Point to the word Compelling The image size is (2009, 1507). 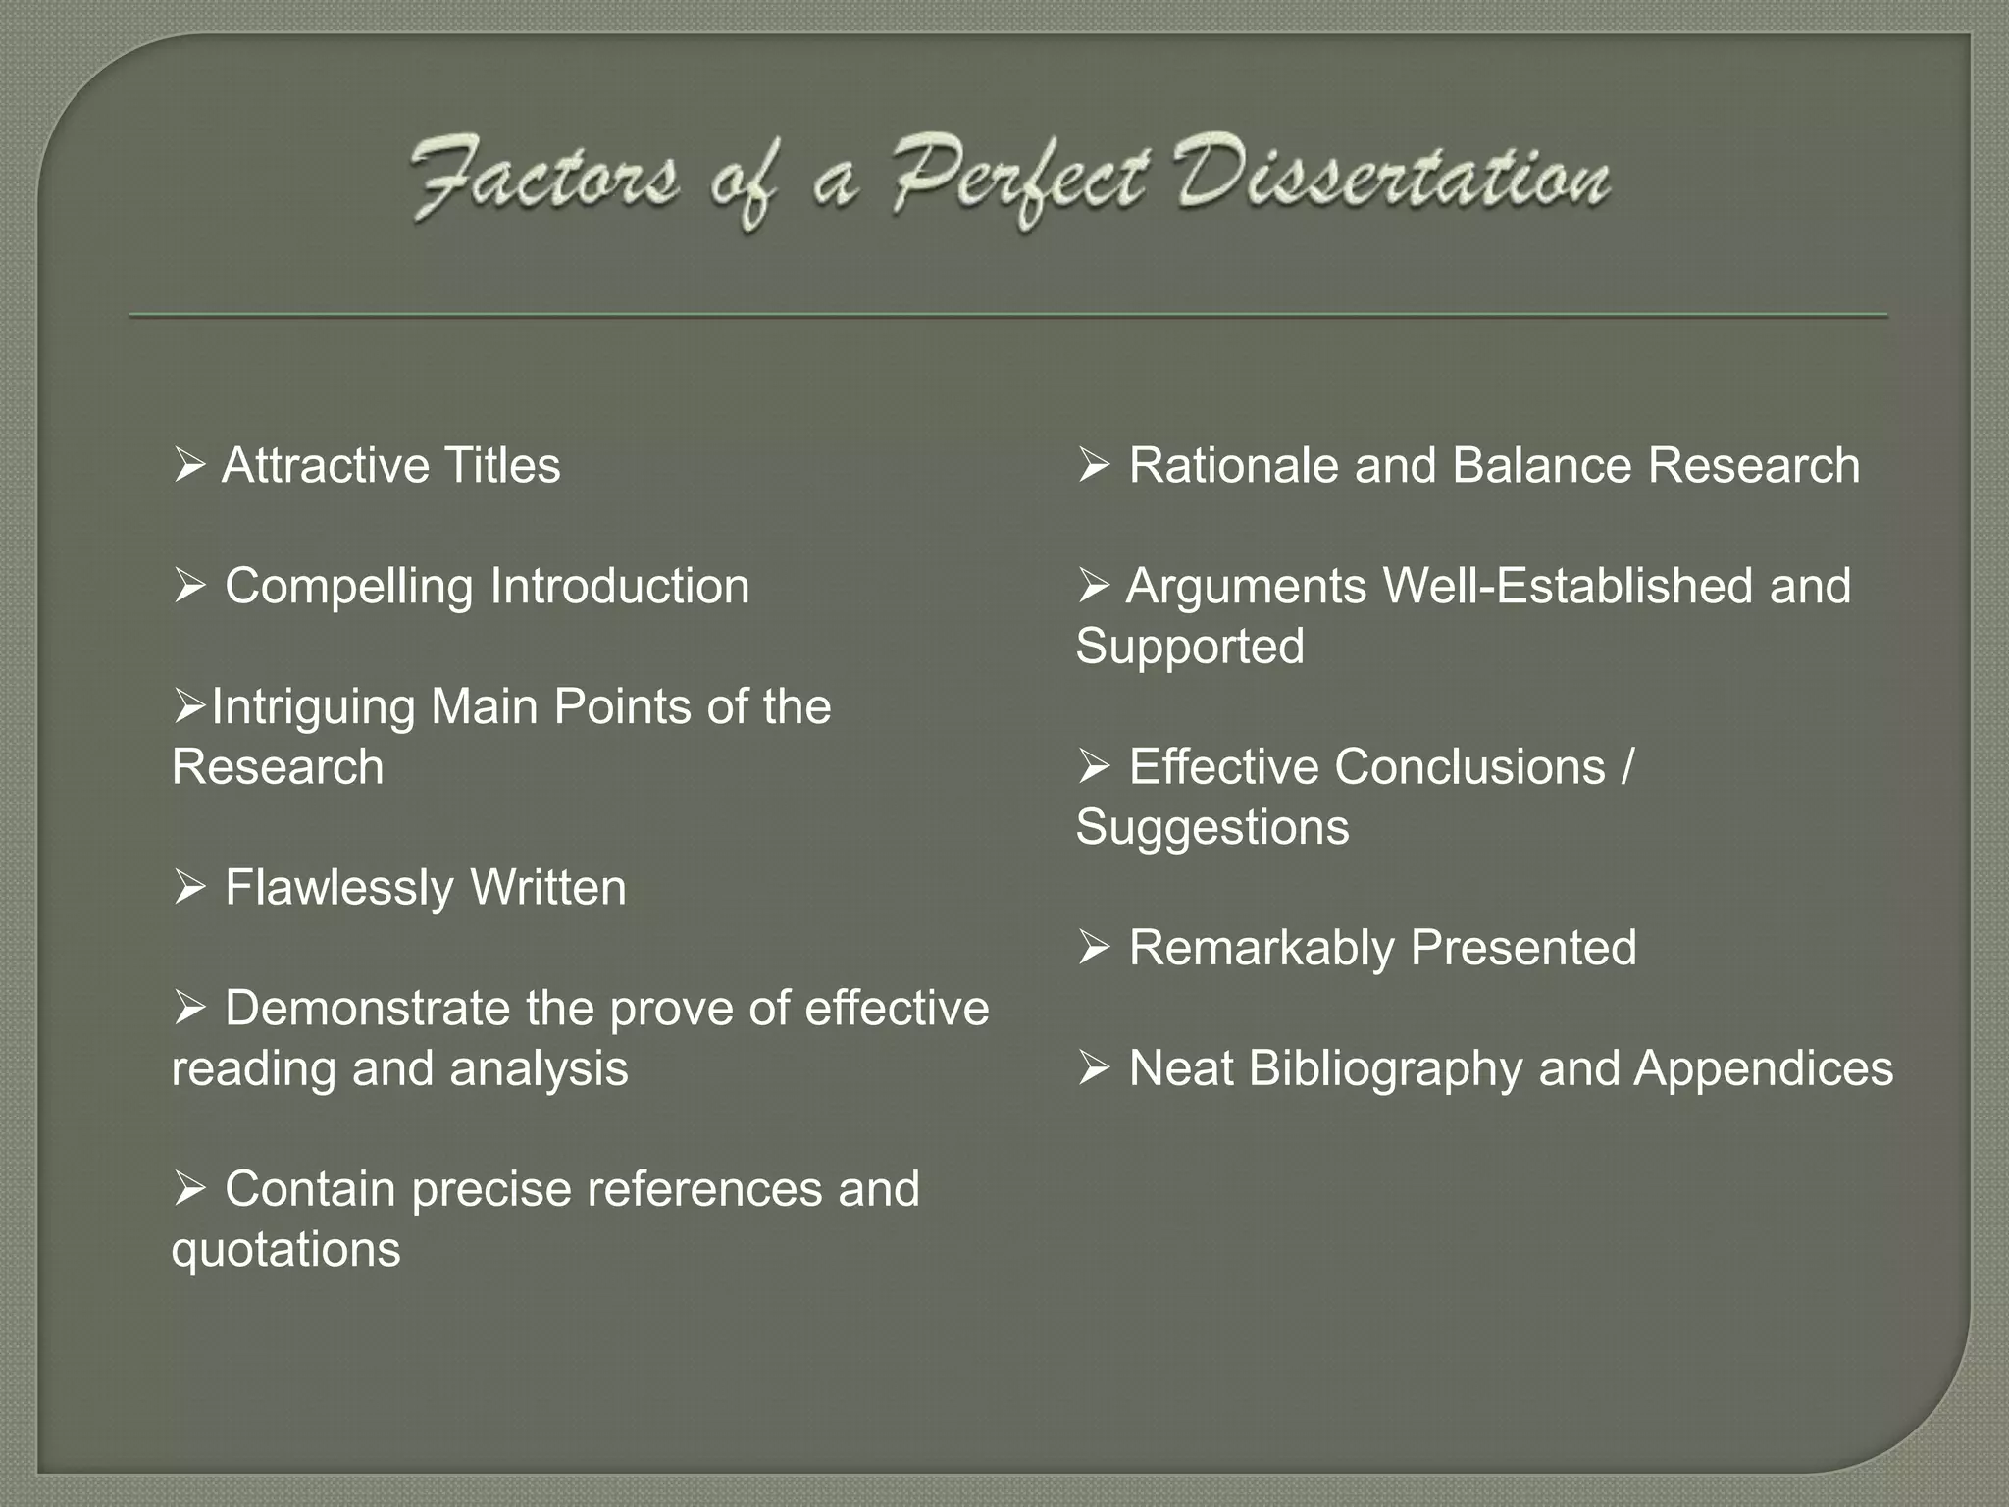[x=348, y=587]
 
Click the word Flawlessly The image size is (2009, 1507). [x=339, y=888]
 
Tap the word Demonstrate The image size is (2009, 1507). [x=366, y=1009]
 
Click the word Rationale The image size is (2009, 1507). [x=1233, y=465]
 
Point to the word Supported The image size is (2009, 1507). [x=1190, y=647]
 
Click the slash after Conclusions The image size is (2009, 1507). [x=1627, y=767]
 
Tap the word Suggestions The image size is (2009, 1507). [x=1212, y=828]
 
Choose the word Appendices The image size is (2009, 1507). [x=1763, y=1068]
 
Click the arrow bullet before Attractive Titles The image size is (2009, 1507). [x=188, y=465]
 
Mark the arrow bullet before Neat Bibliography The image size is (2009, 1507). [x=1093, y=1068]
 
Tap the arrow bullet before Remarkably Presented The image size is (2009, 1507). [x=1093, y=949]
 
